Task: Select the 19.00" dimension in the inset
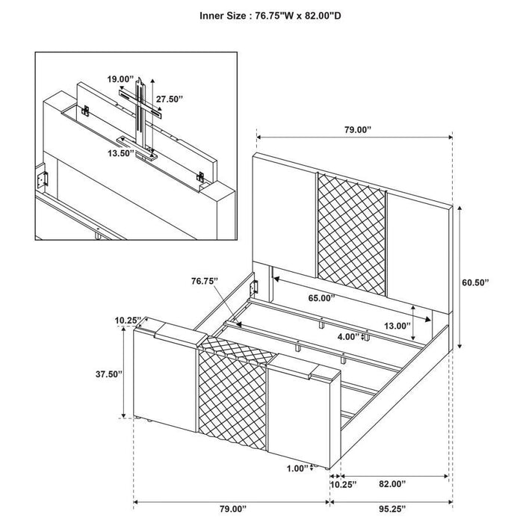click(x=119, y=78)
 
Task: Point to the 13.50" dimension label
click(x=120, y=152)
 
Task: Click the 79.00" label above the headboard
click(x=356, y=129)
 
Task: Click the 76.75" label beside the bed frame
click(x=203, y=281)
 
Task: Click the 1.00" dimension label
click(x=297, y=468)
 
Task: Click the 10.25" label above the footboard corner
click(x=128, y=321)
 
